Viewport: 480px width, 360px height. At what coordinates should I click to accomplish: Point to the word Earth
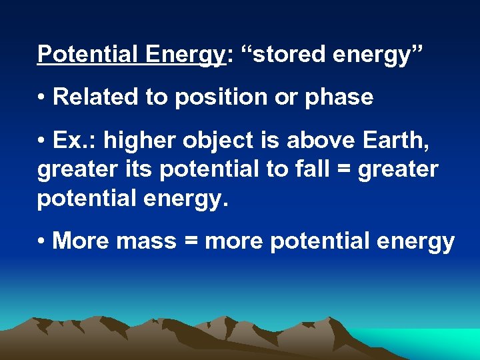tap(403, 141)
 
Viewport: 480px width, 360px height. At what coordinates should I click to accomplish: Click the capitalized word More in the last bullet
tap(79, 241)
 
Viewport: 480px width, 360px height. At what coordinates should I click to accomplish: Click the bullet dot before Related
tap(41, 98)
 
